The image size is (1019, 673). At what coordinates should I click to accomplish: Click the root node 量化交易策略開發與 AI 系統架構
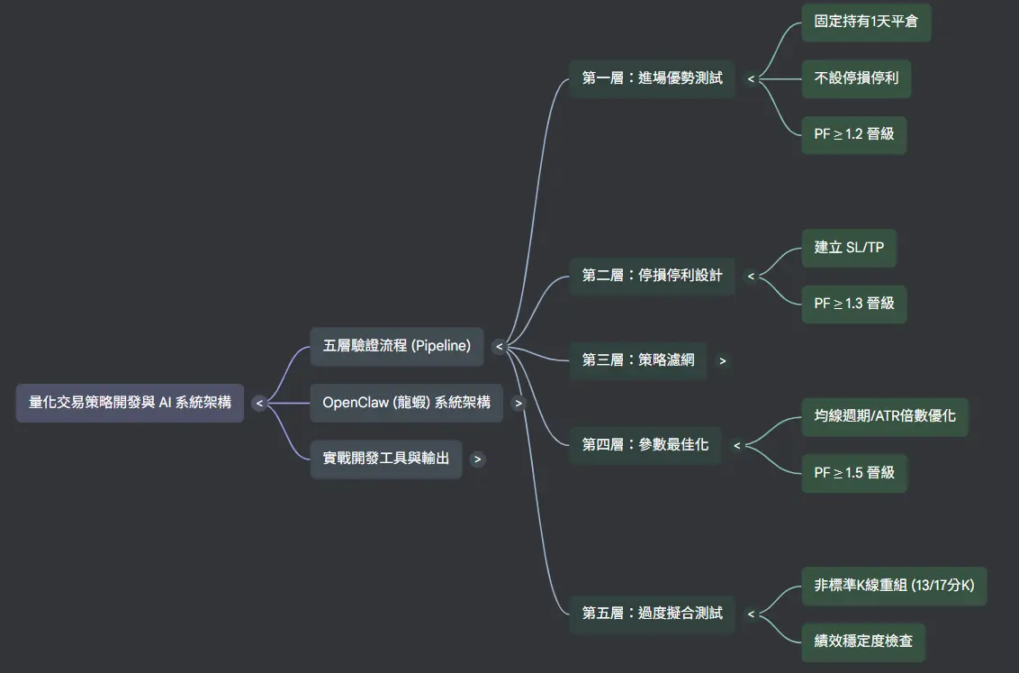click(130, 403)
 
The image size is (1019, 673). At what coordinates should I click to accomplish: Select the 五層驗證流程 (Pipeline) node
click(396, 346)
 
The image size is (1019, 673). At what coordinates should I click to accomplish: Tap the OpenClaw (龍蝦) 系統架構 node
click(406, 403)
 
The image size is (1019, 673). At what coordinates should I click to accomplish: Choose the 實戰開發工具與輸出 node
click(385, 459)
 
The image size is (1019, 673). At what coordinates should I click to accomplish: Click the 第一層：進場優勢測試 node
click(652, 78)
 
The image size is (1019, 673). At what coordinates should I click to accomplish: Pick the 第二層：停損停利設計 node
click(652, 276)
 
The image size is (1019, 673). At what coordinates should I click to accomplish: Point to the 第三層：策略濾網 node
click(638, 360)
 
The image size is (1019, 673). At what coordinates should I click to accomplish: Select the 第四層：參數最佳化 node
click(645, 444)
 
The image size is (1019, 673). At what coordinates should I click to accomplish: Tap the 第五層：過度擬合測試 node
click(652, 614)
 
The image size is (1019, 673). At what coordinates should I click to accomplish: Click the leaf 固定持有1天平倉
click(866, 22)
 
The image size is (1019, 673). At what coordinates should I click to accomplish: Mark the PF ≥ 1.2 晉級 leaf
click(853, 134)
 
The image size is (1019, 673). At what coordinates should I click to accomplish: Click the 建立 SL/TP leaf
click(849, 247)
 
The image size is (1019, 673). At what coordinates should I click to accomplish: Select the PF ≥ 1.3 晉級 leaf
click(853, 304)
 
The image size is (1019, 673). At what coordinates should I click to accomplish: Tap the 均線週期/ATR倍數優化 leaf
click(885, 416)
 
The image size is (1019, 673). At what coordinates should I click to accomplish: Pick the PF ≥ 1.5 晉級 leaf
click(853, 473)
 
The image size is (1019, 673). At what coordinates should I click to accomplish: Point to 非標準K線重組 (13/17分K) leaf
click(894, 586)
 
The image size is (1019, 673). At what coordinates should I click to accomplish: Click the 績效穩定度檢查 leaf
click(863, 641)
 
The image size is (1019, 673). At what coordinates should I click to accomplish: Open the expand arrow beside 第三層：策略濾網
click(722, 361)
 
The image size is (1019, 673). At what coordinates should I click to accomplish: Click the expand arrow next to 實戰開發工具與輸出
click(478, 459)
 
